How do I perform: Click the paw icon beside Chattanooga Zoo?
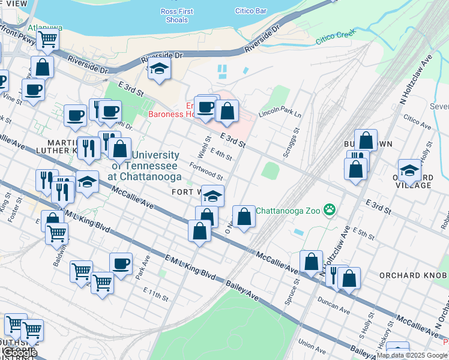coord(329,210)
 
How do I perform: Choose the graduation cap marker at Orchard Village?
coord(409,170)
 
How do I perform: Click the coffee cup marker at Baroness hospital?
coord(205,107)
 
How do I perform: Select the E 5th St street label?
coord(364,230)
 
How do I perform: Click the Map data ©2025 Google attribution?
coord(412,355)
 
